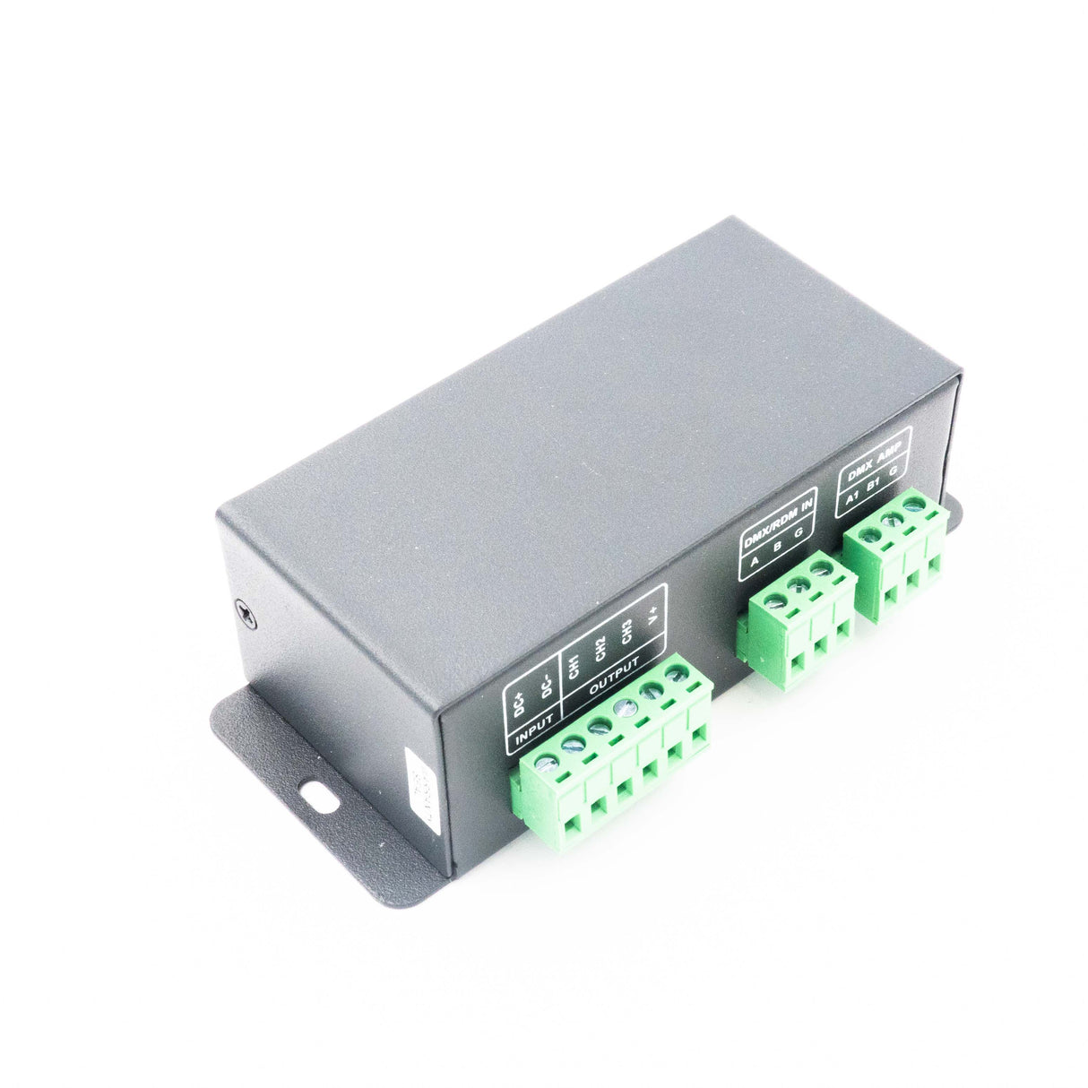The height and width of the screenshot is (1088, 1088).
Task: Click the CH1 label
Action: point(574,669)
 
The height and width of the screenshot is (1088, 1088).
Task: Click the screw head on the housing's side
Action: point(248,613)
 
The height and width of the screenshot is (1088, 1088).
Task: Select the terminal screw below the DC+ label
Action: point(546,764)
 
